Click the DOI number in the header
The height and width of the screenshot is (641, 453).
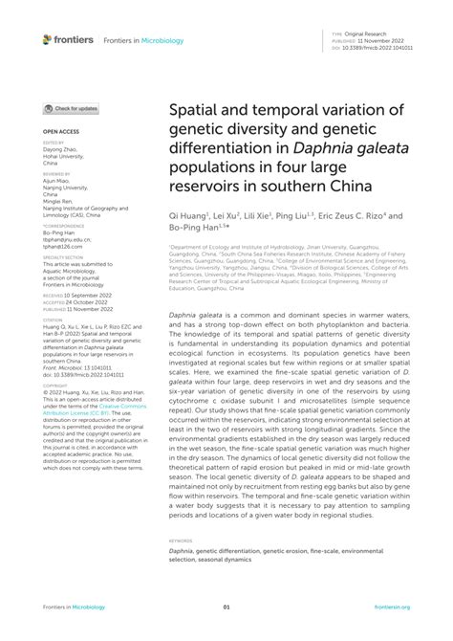tap(382, 45)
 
